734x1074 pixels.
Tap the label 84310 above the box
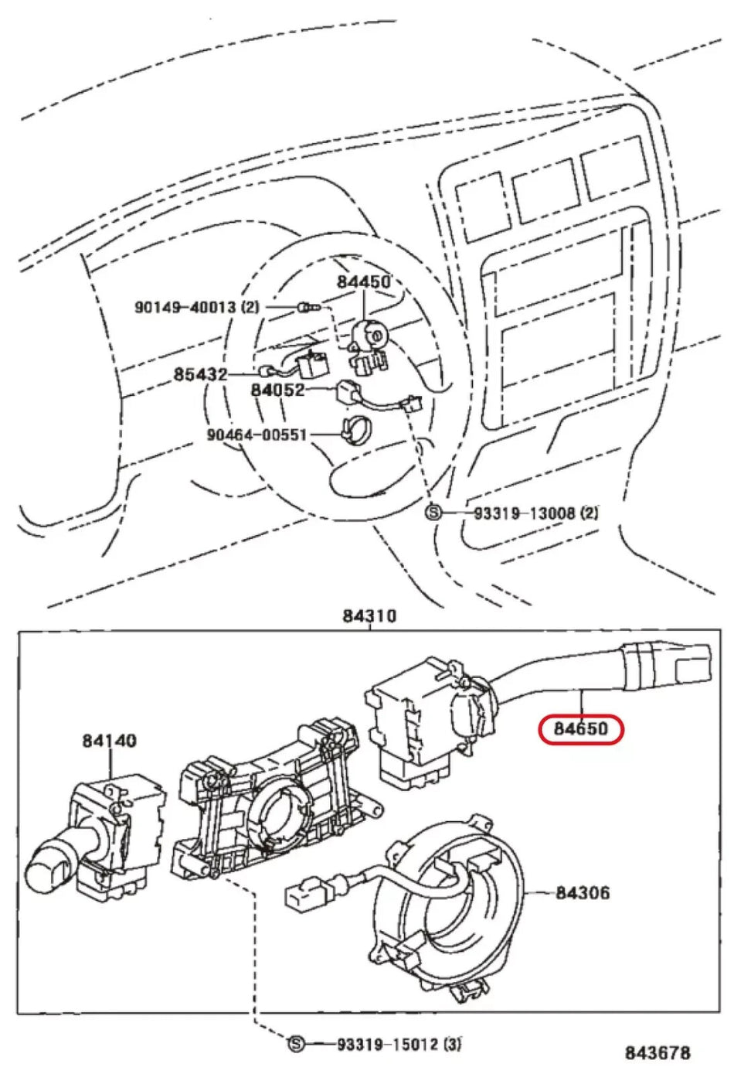[x=369, y=616]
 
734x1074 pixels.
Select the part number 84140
[x=109, y=741]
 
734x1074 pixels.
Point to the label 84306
[x=583, y=893]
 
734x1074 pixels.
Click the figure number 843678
[x=658, y=1052]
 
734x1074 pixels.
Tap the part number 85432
[x=200, y=375]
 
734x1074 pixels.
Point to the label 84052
[x=277, y=390]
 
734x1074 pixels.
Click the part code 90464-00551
[x=257, y=435]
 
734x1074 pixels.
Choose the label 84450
[x=363, y=282]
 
